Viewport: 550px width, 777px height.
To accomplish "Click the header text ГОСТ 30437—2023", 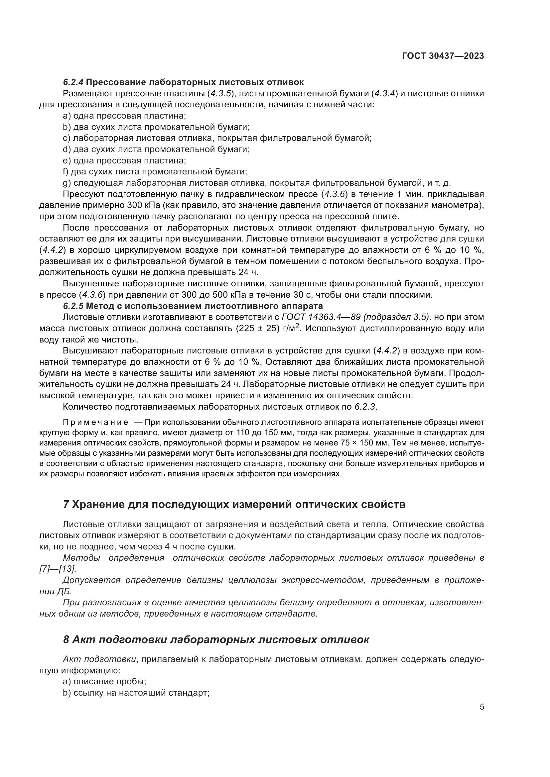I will pos(443,56).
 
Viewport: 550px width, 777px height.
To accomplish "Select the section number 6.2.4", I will pos(73,82).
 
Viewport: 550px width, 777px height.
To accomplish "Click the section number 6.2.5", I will pos(73,306).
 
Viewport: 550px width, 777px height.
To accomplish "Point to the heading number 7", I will pos(67,505).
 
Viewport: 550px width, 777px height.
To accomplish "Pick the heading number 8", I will pos(67,640).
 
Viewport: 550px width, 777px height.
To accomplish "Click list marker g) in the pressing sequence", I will pos(67,183).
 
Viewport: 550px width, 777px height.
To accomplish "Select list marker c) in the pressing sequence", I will pos(67,138).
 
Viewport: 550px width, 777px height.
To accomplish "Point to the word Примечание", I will pos(95,422).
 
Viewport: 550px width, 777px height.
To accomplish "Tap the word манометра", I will pos(457,205).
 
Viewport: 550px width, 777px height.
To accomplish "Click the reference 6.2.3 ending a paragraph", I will pos(365,407).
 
